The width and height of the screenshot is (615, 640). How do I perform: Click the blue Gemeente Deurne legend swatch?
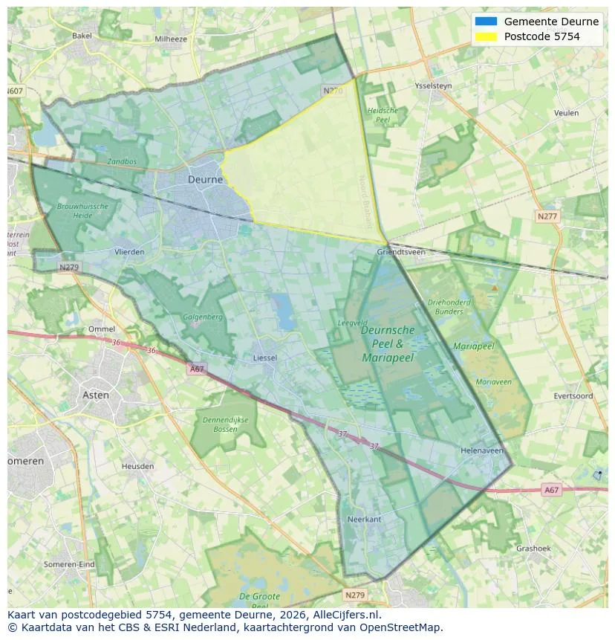click(486, 22)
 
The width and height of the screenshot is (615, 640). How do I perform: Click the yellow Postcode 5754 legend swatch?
click(486, 36)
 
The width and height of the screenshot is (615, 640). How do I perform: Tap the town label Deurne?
click(205, 179)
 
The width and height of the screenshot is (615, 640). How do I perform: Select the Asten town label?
click(95, 395)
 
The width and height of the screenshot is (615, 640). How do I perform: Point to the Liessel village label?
click(265, 358)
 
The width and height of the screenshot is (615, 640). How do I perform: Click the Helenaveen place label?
click(482, 450)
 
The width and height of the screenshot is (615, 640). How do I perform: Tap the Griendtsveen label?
click(401, 252)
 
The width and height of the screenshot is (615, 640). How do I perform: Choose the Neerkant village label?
click(364, 519)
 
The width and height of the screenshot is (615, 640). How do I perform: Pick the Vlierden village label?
click(129, 252)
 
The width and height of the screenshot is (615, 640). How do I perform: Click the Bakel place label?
click(82, 35)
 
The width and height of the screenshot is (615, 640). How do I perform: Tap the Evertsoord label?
click(573, 396)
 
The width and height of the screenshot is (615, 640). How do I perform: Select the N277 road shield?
click(547, 216)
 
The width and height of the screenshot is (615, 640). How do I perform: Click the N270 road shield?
click(333, 91)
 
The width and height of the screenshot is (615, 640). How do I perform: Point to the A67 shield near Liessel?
click(196, 369)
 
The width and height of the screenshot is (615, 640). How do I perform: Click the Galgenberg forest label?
click(203, 317)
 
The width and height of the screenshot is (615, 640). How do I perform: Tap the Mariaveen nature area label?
click(493, 382)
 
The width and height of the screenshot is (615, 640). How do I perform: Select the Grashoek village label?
click(533, 549)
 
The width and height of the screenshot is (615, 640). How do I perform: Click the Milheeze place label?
click(171, 39)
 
